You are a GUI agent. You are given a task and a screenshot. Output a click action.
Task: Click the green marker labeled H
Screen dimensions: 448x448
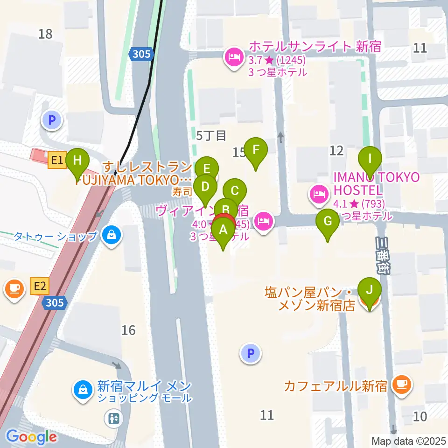77,161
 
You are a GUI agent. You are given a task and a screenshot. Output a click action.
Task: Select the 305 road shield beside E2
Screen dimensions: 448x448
55,303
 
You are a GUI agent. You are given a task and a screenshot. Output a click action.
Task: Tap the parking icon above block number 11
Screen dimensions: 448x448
251,354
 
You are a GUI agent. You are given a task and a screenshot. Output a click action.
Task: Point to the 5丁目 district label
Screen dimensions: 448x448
211,136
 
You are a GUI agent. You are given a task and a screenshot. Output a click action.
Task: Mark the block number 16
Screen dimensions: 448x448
128,330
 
